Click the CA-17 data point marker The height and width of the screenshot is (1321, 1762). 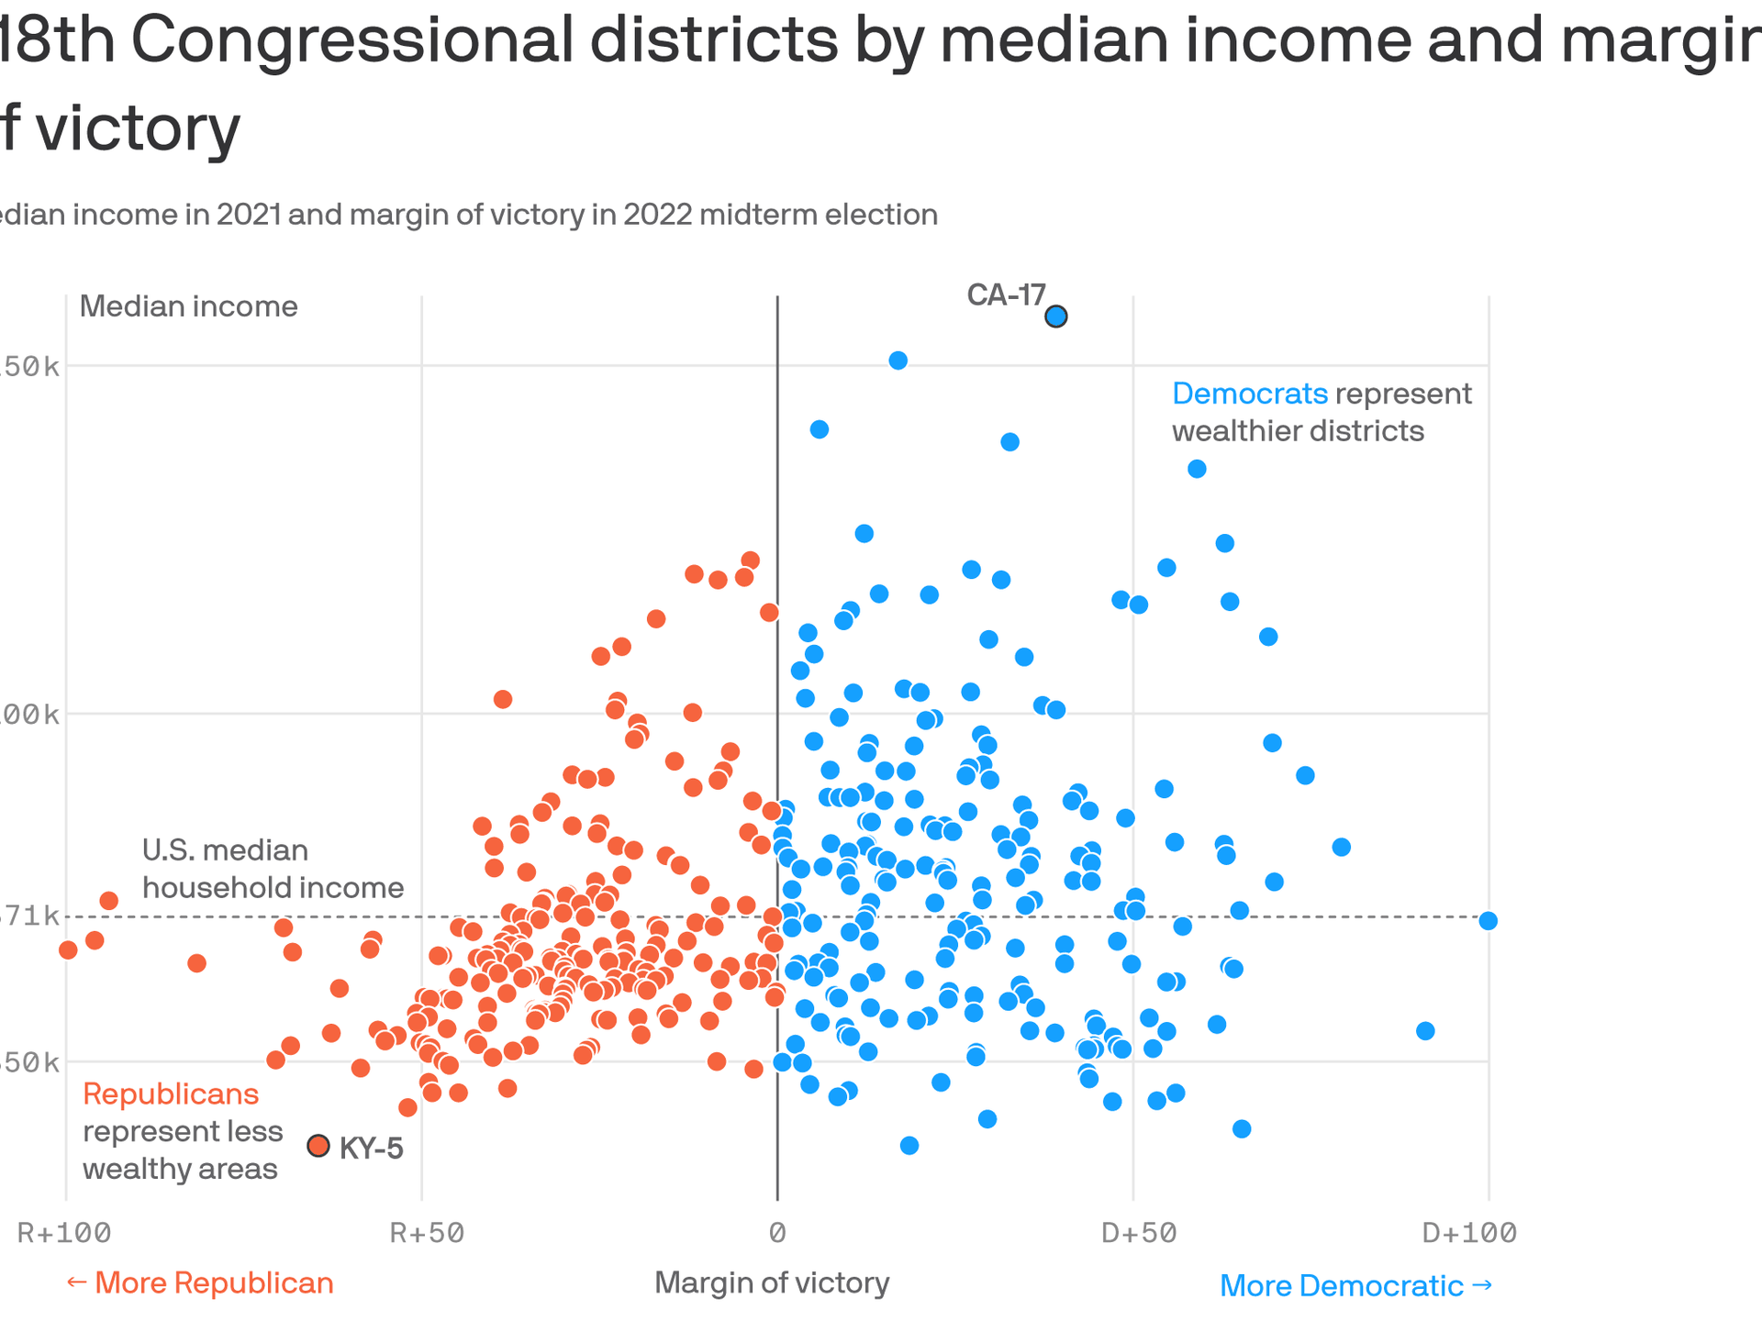coord(1056,316)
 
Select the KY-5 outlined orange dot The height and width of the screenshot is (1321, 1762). coord(318,1146)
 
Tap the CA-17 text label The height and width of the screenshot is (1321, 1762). coord(1006,295)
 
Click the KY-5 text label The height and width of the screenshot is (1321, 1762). coord(372,1149)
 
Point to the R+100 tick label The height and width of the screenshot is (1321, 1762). coord(64,1233)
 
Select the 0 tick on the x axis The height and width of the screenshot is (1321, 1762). coord(777,1233)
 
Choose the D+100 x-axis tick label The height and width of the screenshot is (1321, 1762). coord(1469,1233)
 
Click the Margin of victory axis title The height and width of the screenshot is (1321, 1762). coord(772,1282)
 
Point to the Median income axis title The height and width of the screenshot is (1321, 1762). coord(188,306)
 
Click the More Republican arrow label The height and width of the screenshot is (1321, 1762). coord(200,1282)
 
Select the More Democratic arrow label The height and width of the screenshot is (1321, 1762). coord(1355,1286)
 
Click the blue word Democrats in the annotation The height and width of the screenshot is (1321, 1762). coord(1250,394)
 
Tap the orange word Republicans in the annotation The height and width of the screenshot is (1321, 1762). coord(171,1094)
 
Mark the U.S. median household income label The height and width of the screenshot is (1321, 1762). coord(273,869)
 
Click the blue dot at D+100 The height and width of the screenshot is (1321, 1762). coord(1489,921)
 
